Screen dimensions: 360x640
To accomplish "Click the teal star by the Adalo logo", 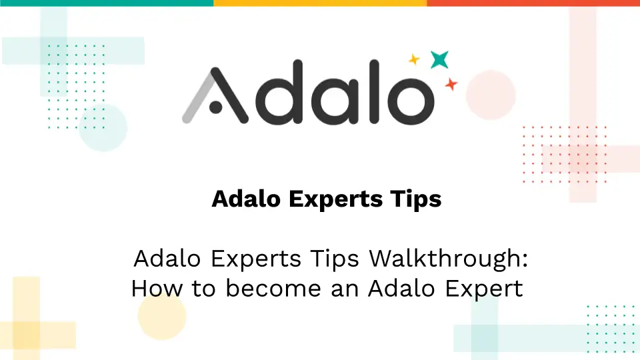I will point(439,60).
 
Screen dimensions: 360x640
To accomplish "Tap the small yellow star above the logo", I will point(414,60).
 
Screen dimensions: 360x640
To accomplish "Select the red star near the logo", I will point(451,85).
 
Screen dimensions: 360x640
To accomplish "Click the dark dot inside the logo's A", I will point(215,105).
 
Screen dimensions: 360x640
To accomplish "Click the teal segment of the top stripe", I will point(107,3).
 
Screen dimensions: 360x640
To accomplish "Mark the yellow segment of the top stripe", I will point(320,3).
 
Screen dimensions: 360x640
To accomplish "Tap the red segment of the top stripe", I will point(533,3).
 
